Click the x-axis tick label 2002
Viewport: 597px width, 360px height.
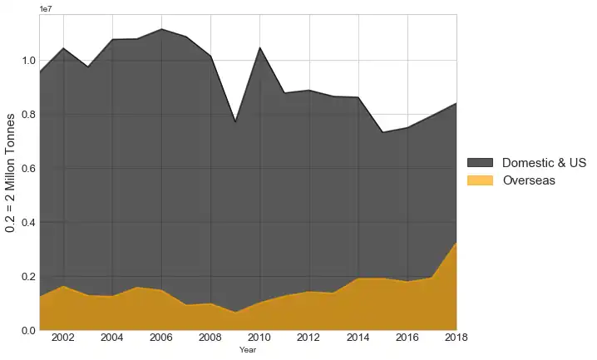tap(63, 338)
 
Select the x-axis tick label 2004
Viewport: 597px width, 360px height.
tap(112, 338)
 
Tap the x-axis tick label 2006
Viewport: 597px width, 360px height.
tap(161, 338)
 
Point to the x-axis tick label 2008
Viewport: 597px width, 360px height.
tap(210, 338)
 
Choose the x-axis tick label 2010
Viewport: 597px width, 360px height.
tap(259, 338)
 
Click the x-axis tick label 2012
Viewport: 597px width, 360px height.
tap(308, 338)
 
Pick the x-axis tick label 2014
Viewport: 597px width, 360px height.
tap(358, 338)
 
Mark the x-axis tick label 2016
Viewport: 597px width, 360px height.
tap(407, 338)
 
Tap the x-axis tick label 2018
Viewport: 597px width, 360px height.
tap(456, 338)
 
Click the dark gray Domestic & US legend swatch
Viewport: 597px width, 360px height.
tap(480, 163)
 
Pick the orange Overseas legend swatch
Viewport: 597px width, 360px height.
tap(480, 180)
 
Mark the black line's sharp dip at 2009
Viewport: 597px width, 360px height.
tap(235, 122)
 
